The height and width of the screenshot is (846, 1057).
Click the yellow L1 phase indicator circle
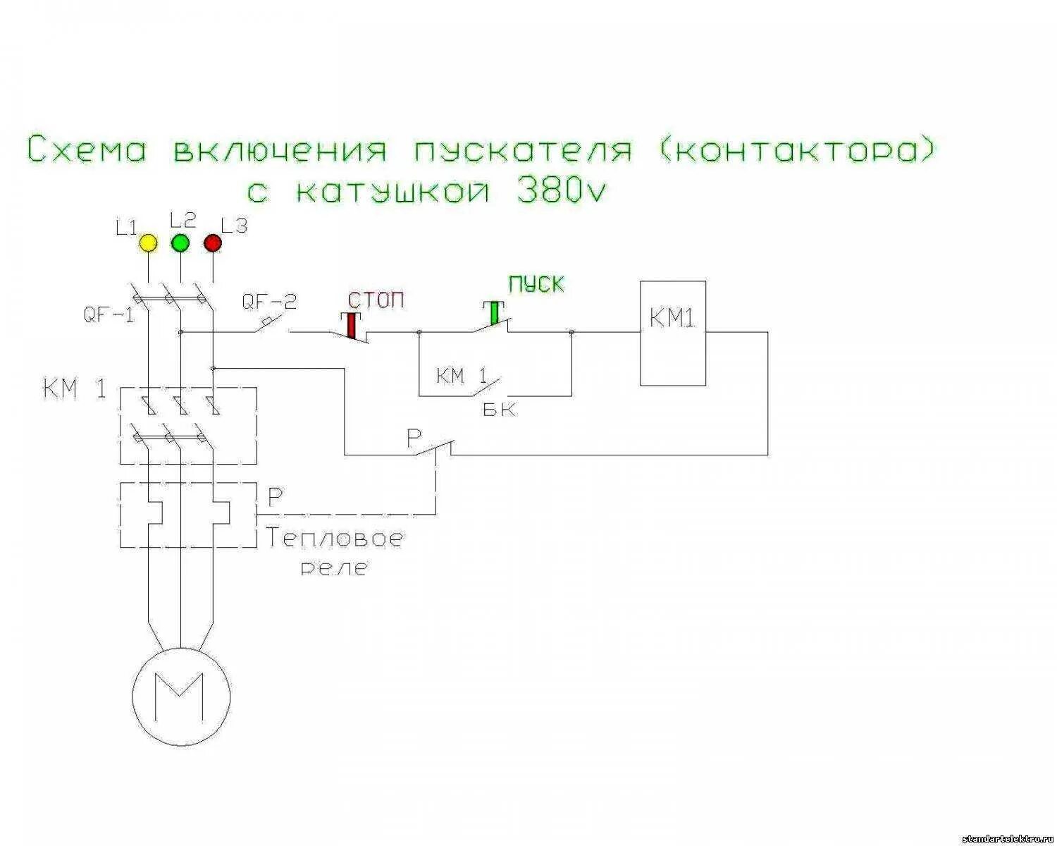(x=148, y=243)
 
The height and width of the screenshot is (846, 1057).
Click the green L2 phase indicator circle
(x=181, y=243)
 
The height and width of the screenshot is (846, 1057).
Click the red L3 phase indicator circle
(x=213, y=243)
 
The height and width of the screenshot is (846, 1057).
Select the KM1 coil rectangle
(x=672, y=333)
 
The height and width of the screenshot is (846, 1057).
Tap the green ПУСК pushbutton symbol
(x=494, y=313)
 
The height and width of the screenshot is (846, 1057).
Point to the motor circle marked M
(x=181, y=694)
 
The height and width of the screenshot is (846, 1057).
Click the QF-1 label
(x=109, y=314)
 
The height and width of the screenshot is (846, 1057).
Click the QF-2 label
(x=269, y=302)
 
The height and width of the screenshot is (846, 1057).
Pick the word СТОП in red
(x=377, y=300)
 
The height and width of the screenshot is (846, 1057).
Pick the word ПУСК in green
(x=536, y=285)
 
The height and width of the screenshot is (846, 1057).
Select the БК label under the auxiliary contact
(x=499, y=410)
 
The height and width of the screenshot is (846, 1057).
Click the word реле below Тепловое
(x=334, y=568)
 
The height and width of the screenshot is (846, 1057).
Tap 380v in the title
(x=561, y=190)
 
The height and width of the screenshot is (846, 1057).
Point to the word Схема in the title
(x=87, y=150)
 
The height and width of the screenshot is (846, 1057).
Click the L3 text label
(x=234, y=226)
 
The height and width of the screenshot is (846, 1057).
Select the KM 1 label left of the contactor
(x=75, y=389)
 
